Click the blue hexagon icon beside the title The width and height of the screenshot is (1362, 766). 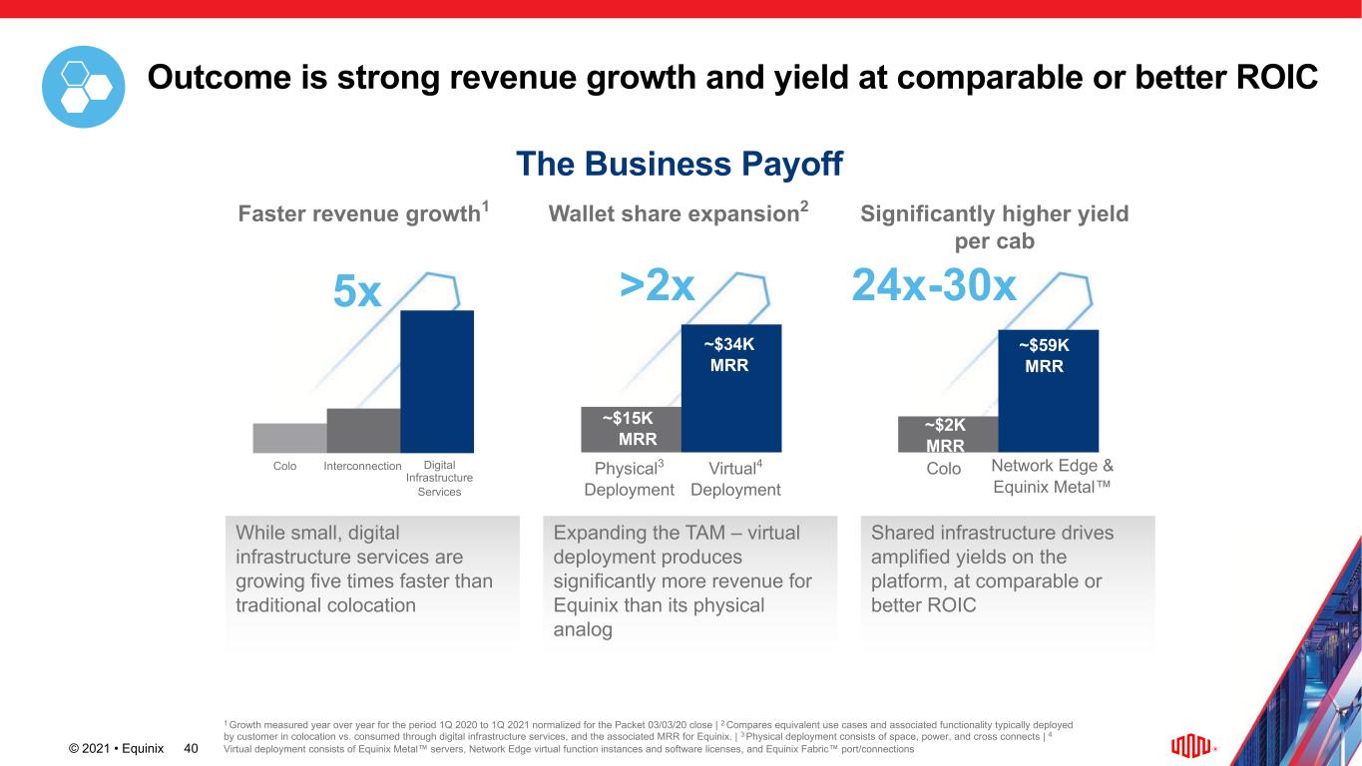pos(83,87)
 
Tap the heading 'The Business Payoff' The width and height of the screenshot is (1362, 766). pos(680,164)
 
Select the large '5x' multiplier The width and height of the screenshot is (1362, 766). pos(356,292)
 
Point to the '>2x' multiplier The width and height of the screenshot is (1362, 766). pos(657,285)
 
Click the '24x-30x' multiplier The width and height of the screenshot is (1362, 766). pos(934,287)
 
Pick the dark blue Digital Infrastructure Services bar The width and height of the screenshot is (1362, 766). pos(436,381)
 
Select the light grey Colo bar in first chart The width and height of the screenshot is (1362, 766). pos(289,438)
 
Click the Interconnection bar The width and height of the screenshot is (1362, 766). pos(363,431)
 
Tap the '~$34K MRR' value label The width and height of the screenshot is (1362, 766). pos(729,354)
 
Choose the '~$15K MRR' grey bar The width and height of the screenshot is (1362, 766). pos(631,429)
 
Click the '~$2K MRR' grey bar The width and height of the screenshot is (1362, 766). pos(947,434)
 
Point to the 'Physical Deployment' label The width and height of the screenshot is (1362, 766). pos(630,479)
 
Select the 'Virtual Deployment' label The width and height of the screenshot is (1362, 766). pos(735,479)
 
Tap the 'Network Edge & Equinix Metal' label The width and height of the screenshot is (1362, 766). pos(1052,477)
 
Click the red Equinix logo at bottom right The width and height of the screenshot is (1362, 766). pos(1190,746)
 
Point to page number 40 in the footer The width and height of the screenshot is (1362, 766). pos(191,748)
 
